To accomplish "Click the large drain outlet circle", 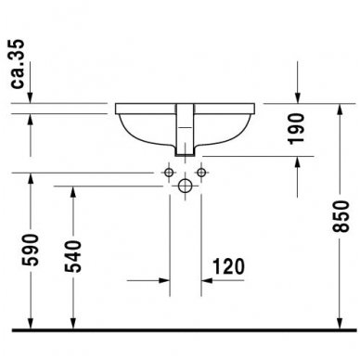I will pos(185,186).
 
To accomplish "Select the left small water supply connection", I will pos(169,173).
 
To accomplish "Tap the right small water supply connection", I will pos(201,173).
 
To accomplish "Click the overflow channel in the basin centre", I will pos(185,130).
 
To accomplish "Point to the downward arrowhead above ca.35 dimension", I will pos(32,99).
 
